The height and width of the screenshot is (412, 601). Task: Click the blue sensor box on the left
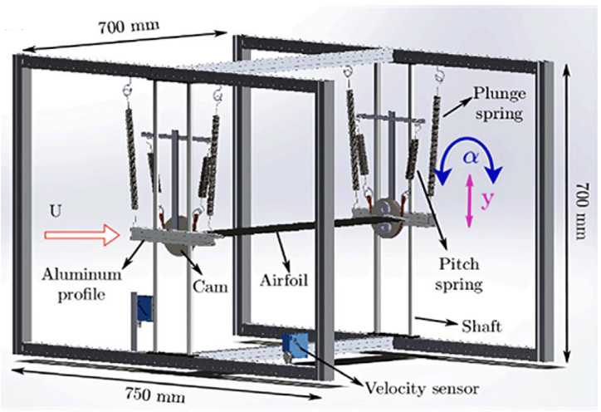145,308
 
